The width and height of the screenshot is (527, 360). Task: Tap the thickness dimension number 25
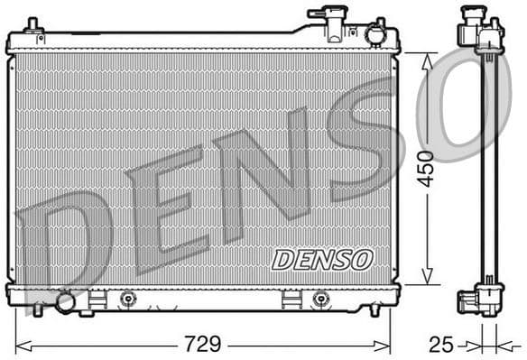pyautogui.click(x=439, y=345)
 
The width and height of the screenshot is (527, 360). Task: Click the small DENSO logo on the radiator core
pyautogui.click(x=322, y=260)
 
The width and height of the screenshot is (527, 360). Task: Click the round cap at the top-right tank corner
pyautogui.click(x=375, y=34)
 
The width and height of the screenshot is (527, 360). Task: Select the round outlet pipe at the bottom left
pyautogui.click(x=65, y=302)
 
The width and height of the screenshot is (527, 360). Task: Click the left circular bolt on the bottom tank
pyautogui.click(x=126, y=298)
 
